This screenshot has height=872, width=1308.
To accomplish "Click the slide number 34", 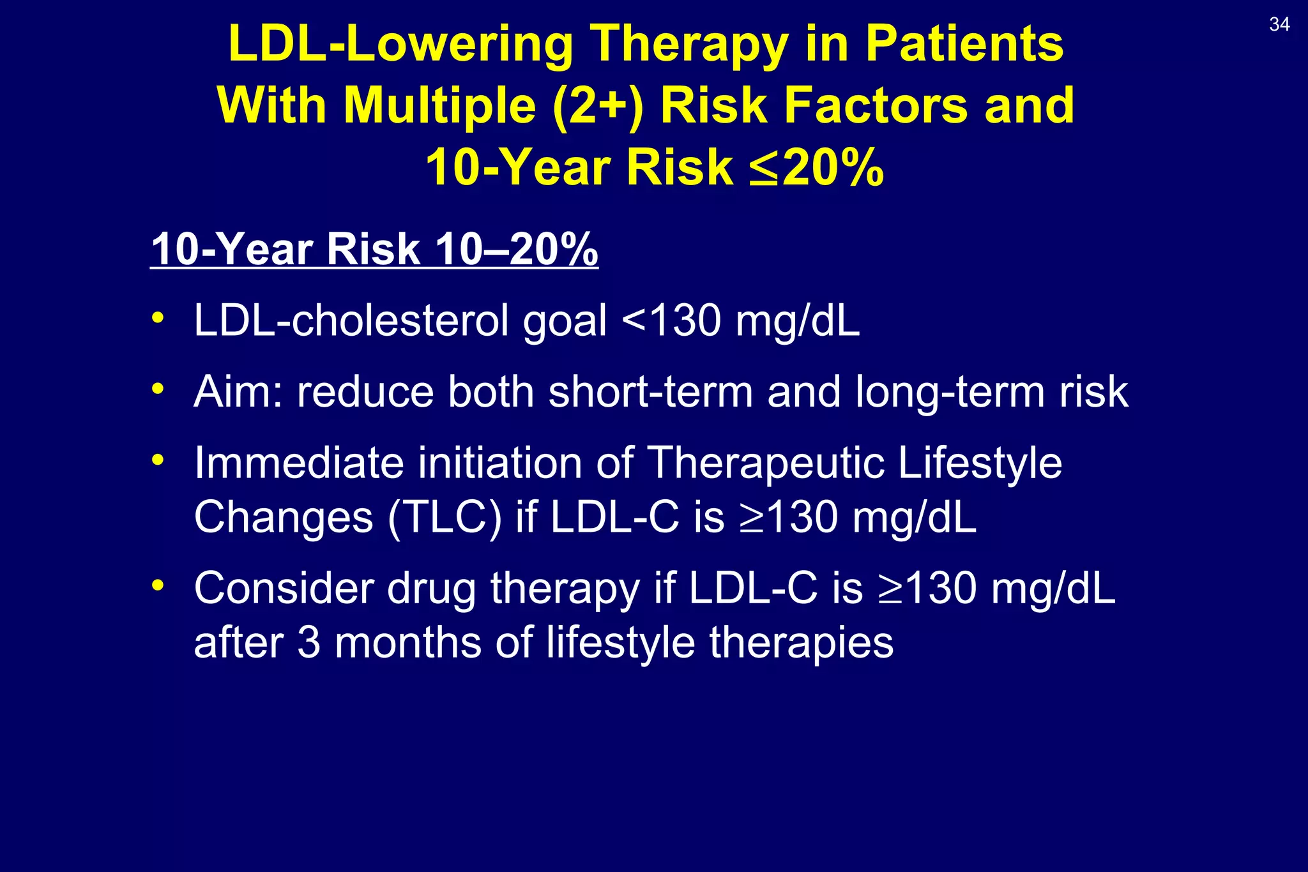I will [x=1279, y=25].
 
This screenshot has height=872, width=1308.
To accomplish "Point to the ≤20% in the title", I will [x=816, y=168].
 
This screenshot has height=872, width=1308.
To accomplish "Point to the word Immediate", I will [x=299, y=463].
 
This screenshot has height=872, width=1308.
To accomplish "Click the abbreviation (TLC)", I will [x=445, y=517].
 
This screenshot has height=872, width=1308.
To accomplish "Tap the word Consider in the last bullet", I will [x=284, y=588].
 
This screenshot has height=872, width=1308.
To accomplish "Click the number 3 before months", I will [x=308, y=643].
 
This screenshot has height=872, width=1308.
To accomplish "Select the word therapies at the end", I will [x=801, y=643].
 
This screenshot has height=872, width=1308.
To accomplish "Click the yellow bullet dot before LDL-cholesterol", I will [x=158, y=317].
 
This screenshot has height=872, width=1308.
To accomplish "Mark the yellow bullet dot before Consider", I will [x=158, y=585].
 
